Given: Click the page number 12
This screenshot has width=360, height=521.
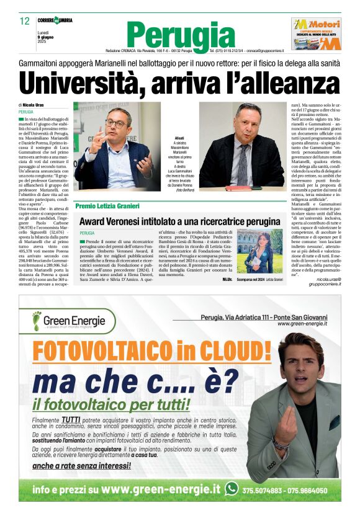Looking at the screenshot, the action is point(25,21).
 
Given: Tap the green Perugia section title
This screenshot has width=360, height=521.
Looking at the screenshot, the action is point(181,35).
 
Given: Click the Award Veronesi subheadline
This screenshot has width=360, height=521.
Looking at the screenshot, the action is point(179,221).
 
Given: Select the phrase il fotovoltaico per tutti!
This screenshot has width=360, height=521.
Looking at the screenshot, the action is point(111,405).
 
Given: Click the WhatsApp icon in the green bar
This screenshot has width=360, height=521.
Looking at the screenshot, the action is point(232,489).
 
